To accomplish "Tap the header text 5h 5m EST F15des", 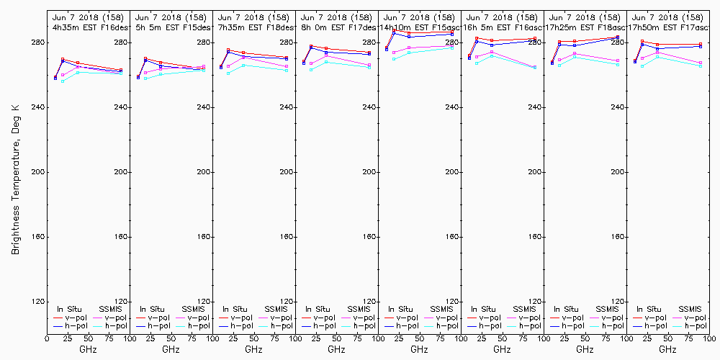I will [171, 27].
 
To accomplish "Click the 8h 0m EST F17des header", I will [336, 27].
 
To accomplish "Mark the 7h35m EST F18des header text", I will [253, 27].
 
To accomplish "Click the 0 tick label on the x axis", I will [47, 337].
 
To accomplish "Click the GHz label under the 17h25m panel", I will [585, 349].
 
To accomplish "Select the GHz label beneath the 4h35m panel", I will [88, 349].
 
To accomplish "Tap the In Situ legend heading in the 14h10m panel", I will [399, 309].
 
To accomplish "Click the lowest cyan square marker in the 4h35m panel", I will [63, 81].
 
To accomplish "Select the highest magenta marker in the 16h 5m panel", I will [492, 52].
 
